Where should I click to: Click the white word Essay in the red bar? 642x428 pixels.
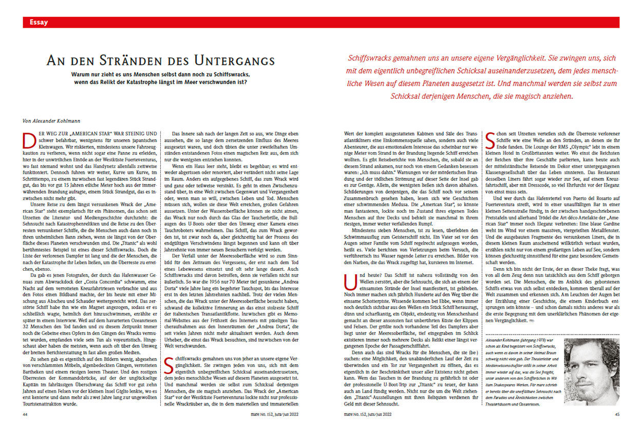(x=39, y=22)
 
